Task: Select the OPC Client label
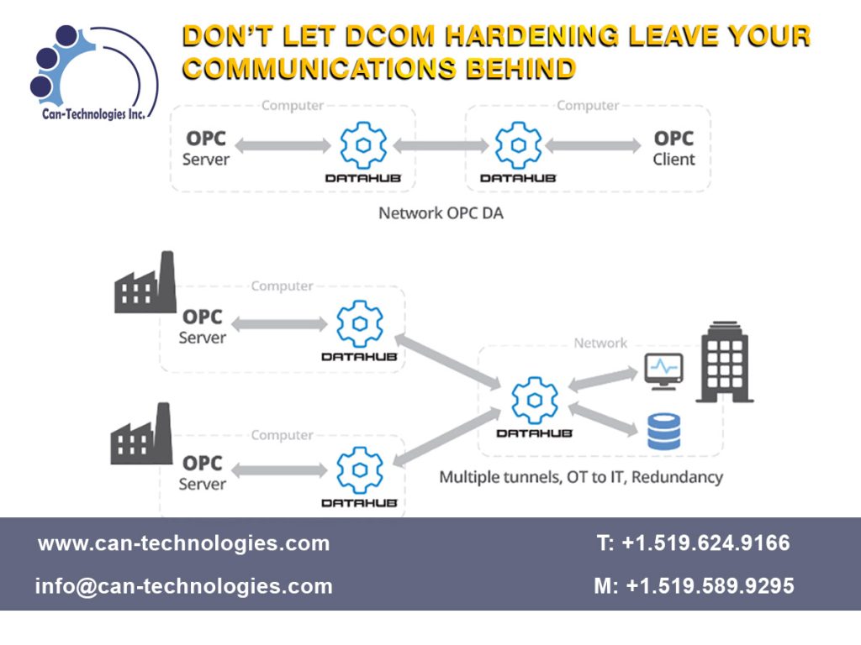pos(673,148)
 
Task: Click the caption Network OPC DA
pos(441,212)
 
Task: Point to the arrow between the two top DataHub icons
pos(440,145)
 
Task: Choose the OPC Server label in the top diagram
pos(206,148)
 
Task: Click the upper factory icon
pos(145,283)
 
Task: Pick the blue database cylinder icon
pos(663,431)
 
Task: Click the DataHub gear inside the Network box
pos(534,400)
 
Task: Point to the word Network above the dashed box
pos(600,343)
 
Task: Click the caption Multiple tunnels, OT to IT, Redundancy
pos(580,477)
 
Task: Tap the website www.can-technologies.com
pos(183,543)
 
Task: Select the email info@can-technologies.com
pos(183,586)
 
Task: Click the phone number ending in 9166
pos(694,543)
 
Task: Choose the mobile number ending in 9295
pos(694,586)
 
